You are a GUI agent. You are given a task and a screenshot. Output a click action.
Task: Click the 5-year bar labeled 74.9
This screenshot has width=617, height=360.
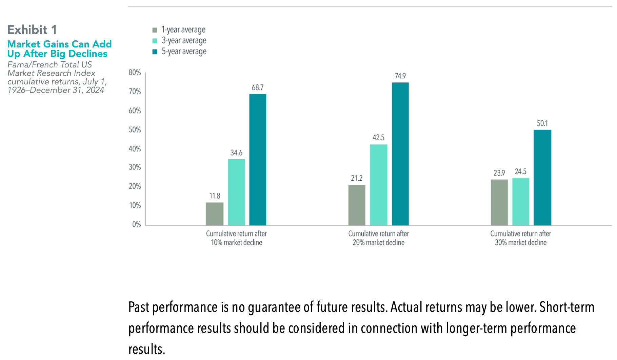400,154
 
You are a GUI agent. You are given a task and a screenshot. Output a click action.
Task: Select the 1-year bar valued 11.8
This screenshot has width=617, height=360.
215,214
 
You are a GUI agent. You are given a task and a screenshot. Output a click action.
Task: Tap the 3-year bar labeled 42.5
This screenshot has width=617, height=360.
378,185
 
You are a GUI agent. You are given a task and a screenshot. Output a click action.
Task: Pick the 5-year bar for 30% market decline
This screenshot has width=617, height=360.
542,178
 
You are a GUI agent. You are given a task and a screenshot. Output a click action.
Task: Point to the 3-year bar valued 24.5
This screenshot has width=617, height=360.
520,202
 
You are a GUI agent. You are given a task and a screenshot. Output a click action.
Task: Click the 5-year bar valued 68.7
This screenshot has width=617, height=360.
258,160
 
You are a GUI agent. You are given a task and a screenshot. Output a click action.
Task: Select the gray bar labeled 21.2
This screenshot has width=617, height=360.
357,205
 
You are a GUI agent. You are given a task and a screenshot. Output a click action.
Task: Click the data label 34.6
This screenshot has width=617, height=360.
236,153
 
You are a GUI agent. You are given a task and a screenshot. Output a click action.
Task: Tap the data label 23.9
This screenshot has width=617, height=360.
499,173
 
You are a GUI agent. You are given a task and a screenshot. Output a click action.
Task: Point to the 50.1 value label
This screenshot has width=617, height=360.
542,123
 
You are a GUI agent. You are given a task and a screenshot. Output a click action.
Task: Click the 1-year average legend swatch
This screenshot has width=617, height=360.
155,30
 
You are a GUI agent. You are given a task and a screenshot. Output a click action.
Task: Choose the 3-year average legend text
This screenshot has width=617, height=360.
184,41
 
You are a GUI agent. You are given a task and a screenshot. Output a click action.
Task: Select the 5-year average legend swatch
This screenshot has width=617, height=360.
155,52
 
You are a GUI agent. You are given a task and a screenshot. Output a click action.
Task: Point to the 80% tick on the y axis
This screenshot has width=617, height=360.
135,73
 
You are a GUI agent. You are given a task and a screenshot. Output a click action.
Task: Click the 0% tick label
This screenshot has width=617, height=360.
136,224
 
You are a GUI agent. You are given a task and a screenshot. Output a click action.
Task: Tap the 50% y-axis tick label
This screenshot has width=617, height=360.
135,130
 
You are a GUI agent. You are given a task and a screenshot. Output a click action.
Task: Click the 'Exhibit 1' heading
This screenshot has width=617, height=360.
32,30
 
